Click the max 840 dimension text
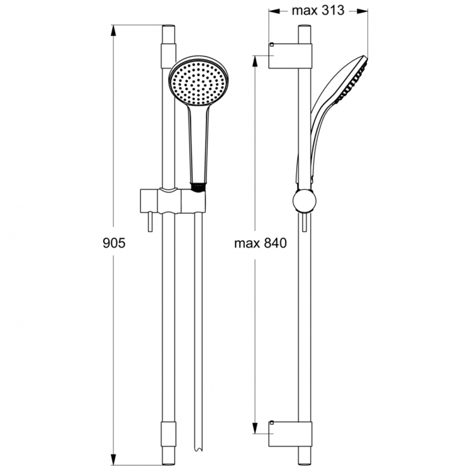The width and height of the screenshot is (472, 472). (x=259, y=242)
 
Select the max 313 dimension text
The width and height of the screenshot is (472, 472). (x=318, y=11)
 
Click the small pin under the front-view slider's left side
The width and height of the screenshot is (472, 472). (x=150, y=222)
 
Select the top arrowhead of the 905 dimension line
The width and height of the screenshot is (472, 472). (x=113, y=30)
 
